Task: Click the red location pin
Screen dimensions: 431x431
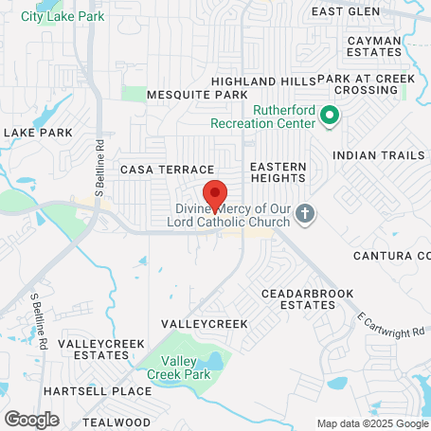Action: pyautogui.click(x=215, y=194)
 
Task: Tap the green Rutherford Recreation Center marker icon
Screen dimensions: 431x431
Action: pyautogui.click(x=330, y=117)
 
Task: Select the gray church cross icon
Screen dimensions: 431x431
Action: pyautogui.click(x=304, y=213)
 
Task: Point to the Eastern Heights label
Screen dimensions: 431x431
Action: pyautogui.click(x=278, y=171)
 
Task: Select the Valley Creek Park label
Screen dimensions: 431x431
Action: pyautogui.click(x=171, y=367)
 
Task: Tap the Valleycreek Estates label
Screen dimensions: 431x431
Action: pyautogui.click(x=93, y=349)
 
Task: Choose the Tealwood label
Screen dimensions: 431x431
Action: pyautogui.click(x=117, y=422)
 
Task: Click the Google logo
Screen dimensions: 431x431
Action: pyautogui.click(x=31, y=420)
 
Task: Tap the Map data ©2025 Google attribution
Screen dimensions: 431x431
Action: pyautogui.click(x=372, y=423)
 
